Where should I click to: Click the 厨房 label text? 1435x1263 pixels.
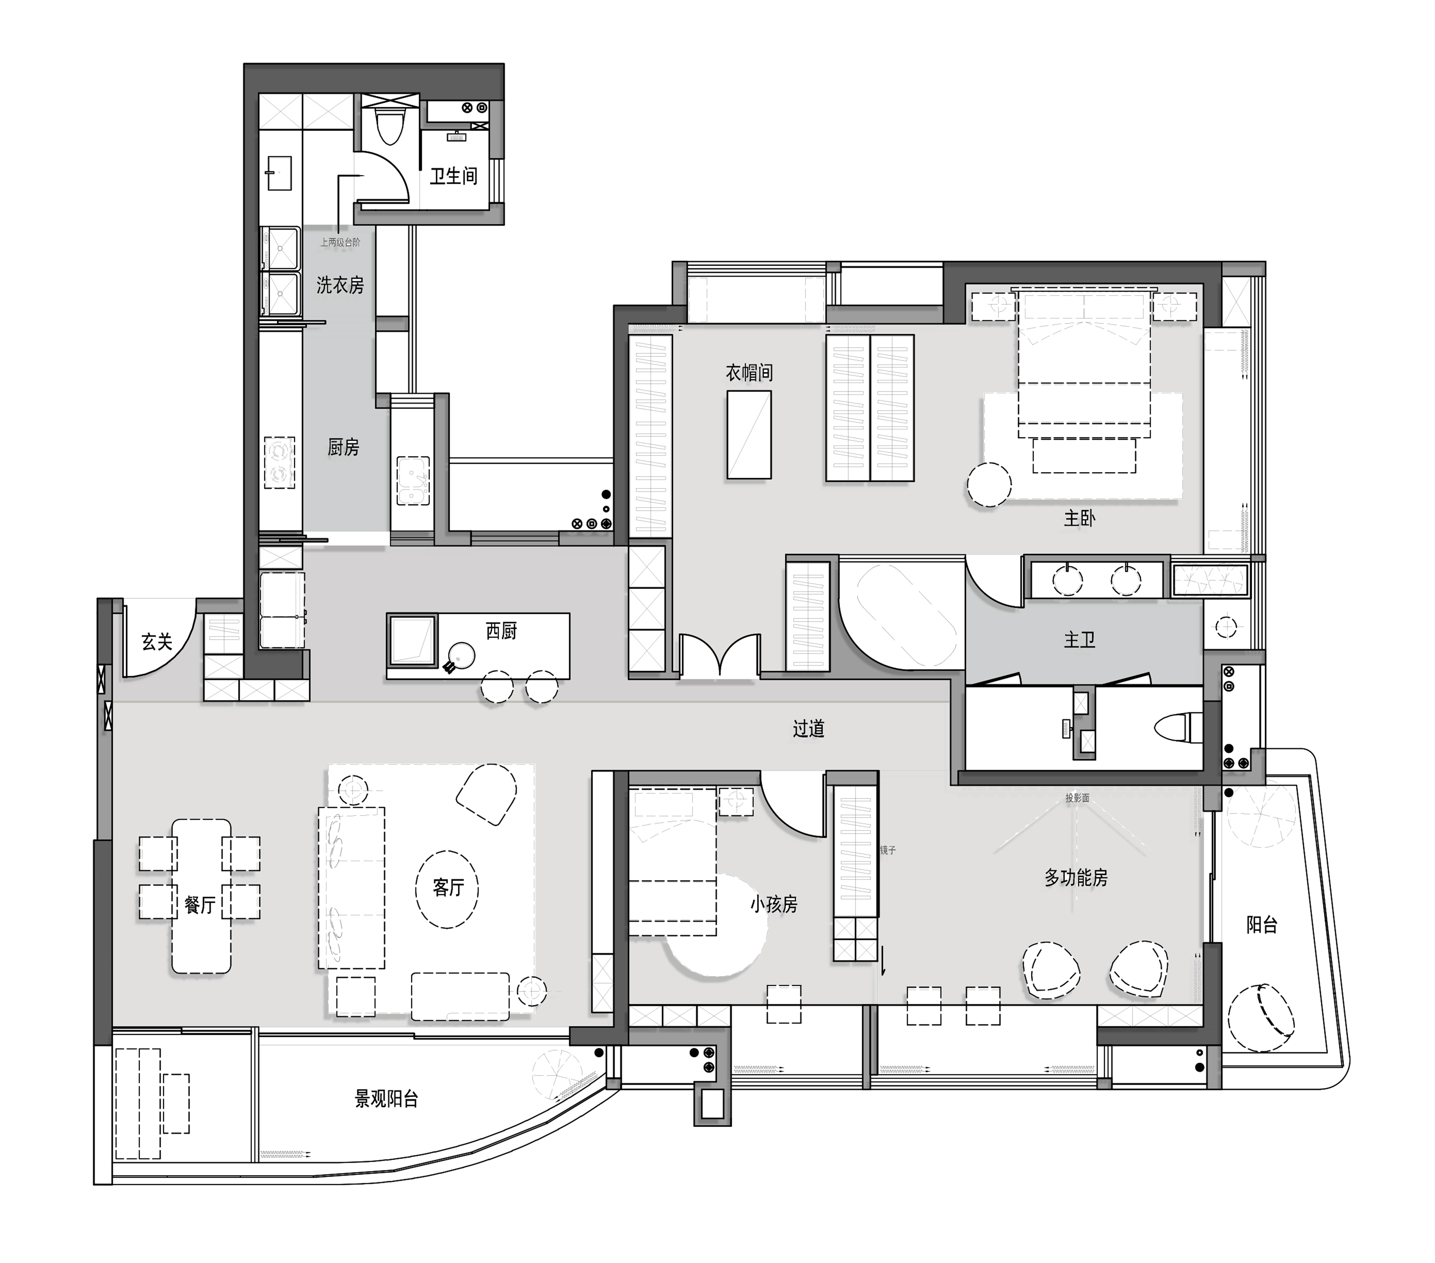click(x=343, y=447)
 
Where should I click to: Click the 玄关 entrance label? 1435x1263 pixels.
click(x=157, y=642)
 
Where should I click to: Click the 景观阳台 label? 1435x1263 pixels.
click(x=387, y=1099)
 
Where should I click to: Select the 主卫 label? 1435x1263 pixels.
click(x=1079, y=639)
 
